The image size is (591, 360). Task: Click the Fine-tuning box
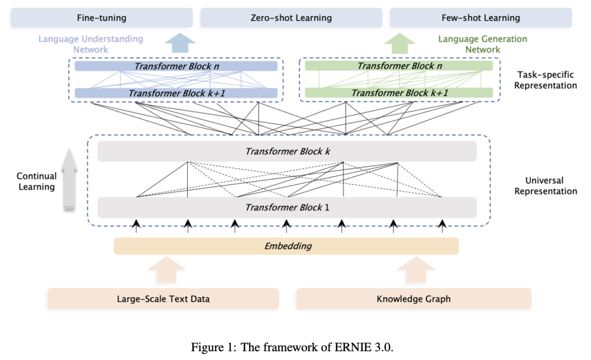[102, 18]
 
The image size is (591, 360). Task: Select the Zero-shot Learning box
[291, 18]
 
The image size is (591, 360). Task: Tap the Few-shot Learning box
[481, 18]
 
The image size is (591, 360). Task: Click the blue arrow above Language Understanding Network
[180, 43]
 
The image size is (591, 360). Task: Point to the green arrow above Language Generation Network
[399, 43]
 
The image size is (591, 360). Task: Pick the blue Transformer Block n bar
[176, 66]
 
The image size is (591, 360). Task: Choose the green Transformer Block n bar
[399, 66]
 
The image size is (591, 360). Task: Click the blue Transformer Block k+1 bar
[176, 93]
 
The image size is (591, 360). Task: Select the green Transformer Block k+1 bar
[399, 92]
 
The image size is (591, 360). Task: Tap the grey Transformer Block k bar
[287, 152]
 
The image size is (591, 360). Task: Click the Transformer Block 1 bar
[287, 207]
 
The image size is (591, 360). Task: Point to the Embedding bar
[286, 246]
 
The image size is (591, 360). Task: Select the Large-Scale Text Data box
[163, 299]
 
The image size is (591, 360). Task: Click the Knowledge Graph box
[414, 299]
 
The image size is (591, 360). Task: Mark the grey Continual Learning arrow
[69, 179]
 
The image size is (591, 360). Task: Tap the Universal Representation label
[546, 186]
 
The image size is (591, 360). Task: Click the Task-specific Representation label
[546, 80]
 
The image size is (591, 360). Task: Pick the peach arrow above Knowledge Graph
[416, 270]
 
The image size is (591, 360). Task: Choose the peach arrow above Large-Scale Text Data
[166, 270]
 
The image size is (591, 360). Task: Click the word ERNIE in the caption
[352, 347]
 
